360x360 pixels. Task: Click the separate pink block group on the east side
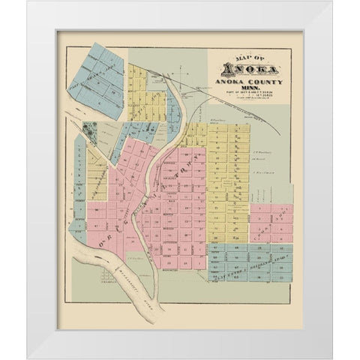[270, 223]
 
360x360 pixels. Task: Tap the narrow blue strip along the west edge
[79, 187]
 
